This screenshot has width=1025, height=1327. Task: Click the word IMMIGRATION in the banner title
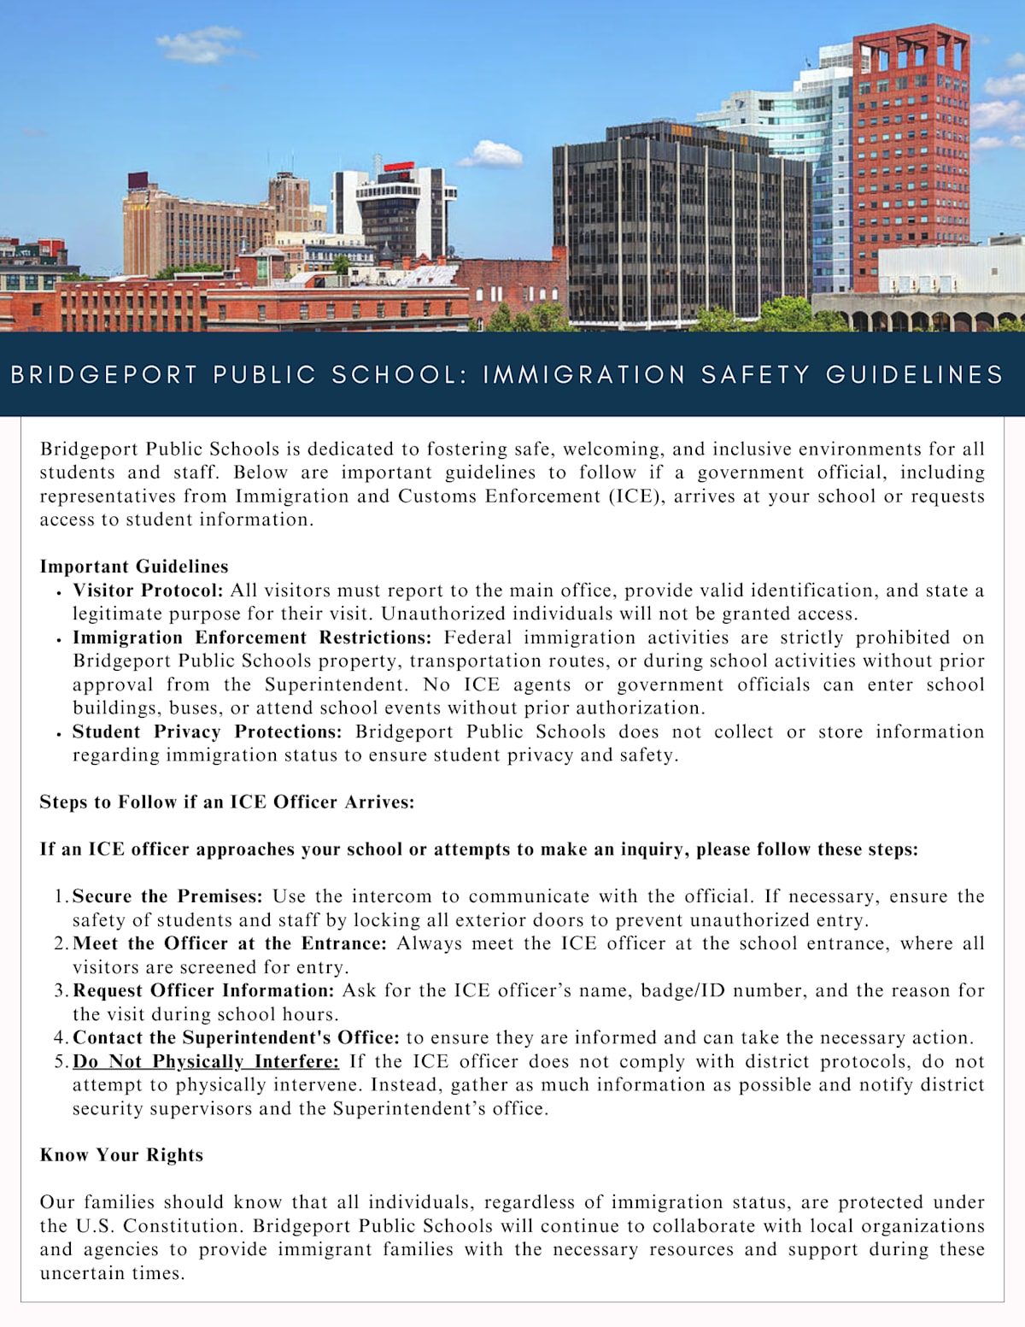pos(583,375)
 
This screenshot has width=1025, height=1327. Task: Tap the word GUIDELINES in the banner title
pos(914,375)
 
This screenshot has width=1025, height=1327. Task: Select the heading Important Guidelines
pos(134,567)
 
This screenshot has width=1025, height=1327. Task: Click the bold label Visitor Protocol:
pos(148,590)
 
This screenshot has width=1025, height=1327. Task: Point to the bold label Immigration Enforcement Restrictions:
pos(252,637)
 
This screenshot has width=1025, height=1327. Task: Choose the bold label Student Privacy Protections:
pos(207,731)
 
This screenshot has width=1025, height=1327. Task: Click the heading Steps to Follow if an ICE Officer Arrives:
pos(226,802)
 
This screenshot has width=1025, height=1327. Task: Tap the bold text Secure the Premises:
pos(167,896)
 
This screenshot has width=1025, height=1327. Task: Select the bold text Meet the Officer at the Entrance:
pos(230,943)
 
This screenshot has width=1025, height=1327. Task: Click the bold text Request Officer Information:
pos(203,990)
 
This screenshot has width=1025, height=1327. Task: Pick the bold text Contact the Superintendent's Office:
pos(236,1037)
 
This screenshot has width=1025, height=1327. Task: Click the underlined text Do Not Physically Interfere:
pos(206,1061)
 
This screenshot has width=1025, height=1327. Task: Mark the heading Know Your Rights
pos(121,1155)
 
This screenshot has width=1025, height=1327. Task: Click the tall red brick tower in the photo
pos(911,154)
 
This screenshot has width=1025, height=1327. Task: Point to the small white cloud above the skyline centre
pos(491,156)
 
